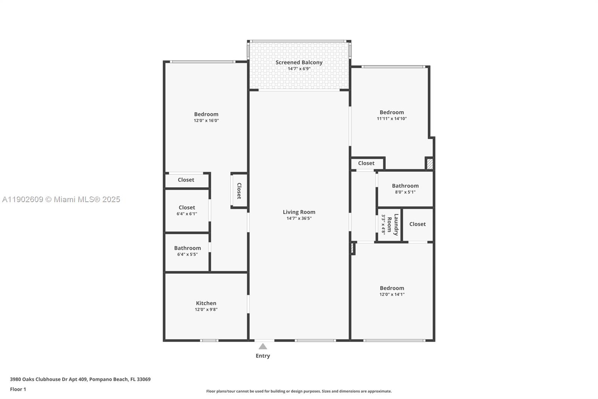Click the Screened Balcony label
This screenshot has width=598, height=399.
coord(299,63)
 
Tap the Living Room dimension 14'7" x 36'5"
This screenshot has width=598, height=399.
coord(299,218)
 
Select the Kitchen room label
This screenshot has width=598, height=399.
coord(206,303)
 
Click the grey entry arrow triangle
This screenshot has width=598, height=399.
coord(263,346)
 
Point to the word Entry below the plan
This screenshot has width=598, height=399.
coord(263,356)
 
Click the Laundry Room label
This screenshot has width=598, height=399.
coord(392,225)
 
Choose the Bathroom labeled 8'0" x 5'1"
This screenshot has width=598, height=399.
coord(405,186)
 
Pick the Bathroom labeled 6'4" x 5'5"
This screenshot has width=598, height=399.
coord(187,248)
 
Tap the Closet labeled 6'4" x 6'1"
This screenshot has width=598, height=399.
coord(187,207)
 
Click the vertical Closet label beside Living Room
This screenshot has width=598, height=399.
coord(239,191)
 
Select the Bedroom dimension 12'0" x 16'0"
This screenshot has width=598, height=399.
coord(206,121)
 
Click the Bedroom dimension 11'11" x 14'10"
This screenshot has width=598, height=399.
coord(392,119)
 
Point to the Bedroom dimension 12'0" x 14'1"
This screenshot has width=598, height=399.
coord(392,294)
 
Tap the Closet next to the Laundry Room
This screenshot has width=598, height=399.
coord(417,224)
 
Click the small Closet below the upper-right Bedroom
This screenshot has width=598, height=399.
coord(366,163)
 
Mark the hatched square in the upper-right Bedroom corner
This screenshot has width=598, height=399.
coord(430,164)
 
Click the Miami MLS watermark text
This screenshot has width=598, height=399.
coord(61,199)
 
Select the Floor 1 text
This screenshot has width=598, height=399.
coord(18,389)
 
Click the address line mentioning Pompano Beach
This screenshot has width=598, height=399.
coord(80,379)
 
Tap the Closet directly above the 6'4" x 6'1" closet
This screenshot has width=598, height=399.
coord(186,180)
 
